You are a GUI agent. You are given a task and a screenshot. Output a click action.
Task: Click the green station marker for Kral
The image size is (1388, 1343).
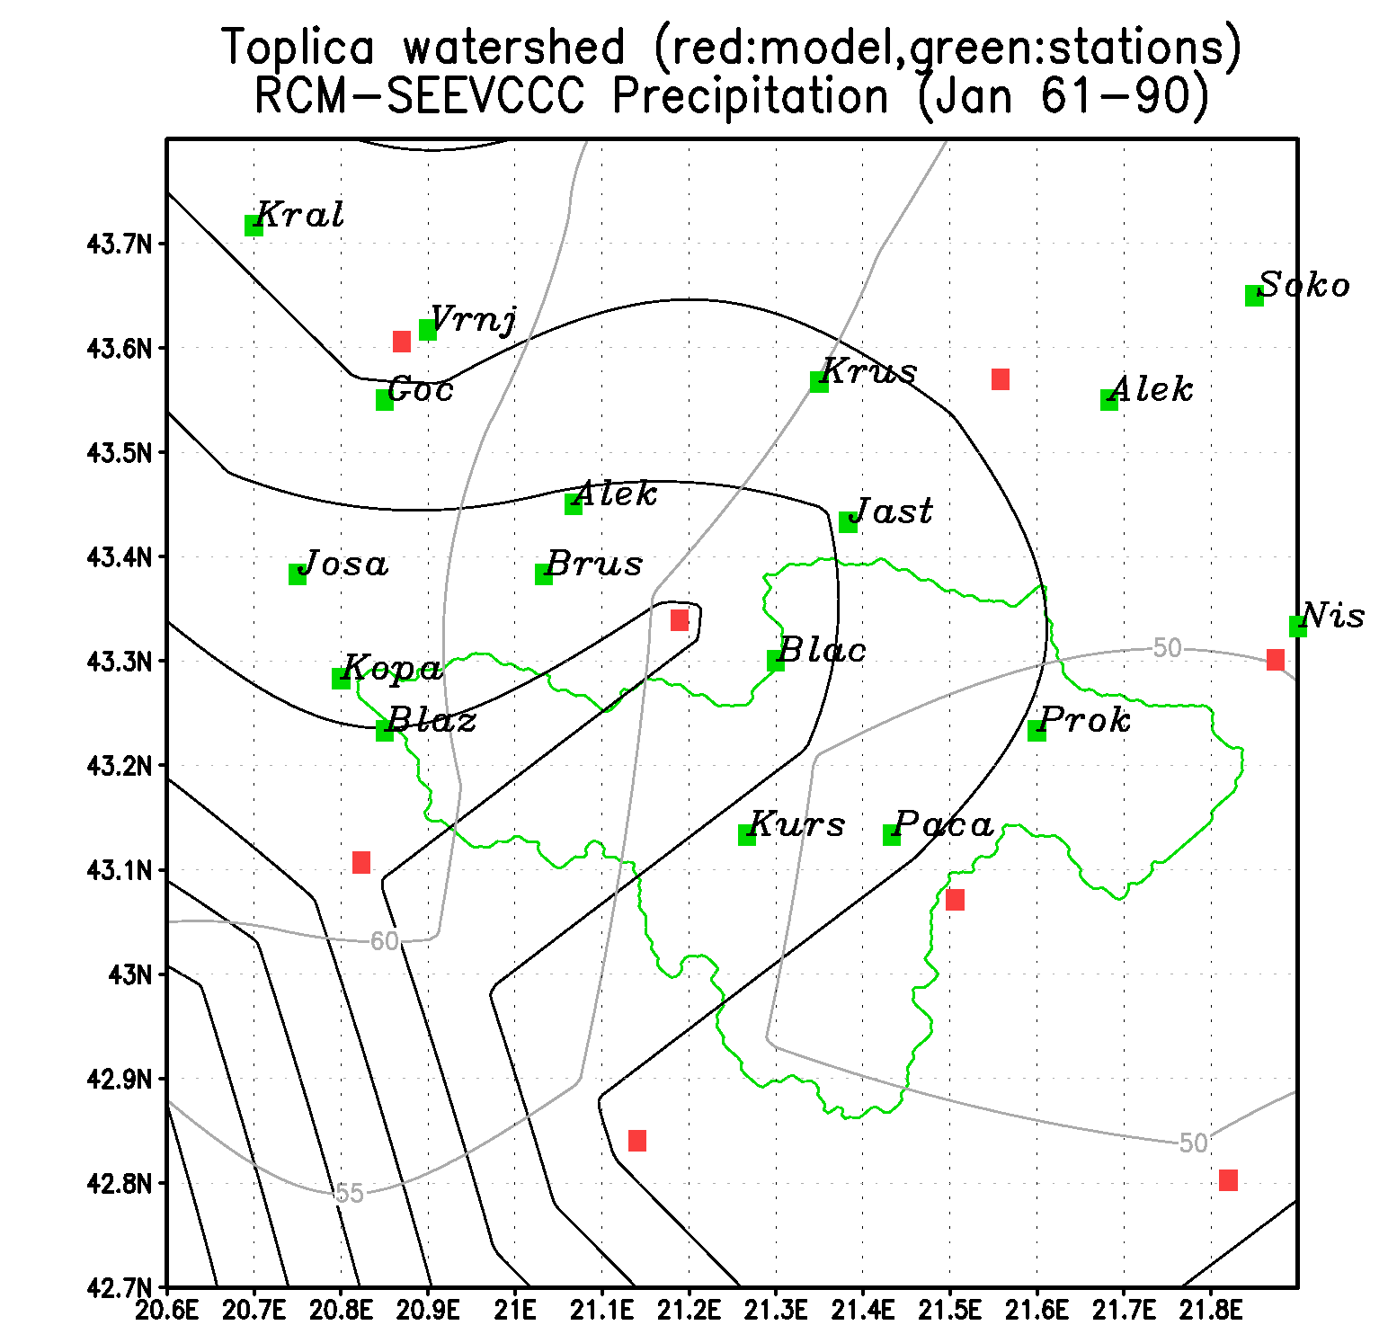(x=254, y=226)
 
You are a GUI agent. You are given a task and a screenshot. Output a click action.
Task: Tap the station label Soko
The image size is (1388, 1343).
(x=1304, y=285)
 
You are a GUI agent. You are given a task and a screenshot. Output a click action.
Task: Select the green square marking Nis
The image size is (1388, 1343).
(x=1297, y=627)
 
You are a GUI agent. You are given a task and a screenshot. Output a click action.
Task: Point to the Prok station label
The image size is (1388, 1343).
(x=1085, y=719)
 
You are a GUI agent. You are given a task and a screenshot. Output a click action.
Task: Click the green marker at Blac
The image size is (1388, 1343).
(x=776, y=661)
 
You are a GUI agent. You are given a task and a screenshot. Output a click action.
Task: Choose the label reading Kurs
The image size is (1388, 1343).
(x=796, y=823)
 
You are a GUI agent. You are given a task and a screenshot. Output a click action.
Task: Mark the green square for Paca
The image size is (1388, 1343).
(x=892, y=835)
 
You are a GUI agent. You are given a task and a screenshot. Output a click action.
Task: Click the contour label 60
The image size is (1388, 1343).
(x=384, y=941)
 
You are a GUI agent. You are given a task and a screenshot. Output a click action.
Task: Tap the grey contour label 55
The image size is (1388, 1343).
(x=349, y=1193)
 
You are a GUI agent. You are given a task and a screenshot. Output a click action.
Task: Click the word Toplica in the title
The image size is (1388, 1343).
(x=298, y=47)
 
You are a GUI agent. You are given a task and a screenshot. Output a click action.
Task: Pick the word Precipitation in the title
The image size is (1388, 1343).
(x=751, y=96)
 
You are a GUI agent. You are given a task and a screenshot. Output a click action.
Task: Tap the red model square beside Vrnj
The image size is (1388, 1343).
(x=402, y=342)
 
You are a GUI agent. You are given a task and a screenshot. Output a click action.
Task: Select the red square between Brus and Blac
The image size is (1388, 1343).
(x=680, y=620)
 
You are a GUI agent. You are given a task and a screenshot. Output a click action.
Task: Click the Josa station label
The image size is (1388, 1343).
(x=343, y=564)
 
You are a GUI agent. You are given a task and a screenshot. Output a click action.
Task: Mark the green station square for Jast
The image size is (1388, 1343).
(x=848, y=522)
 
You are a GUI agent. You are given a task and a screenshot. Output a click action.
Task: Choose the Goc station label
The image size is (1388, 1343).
(x=420, y=389)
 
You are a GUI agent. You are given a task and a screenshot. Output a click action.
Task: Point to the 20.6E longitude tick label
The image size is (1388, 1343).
(x=166, y=1310)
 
